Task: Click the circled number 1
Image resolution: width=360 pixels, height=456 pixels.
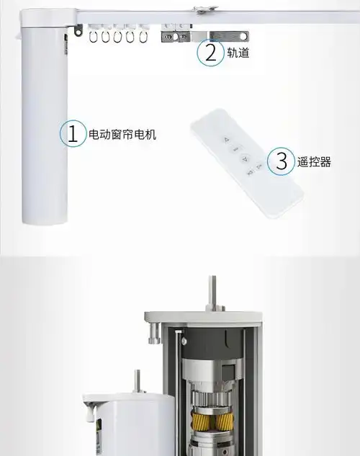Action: coord(73,133)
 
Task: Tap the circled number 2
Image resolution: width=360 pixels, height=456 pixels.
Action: coord(211,53)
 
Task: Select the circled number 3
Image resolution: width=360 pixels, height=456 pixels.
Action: coord(281,161)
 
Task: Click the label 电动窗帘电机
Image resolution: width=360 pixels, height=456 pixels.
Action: coord(122,135)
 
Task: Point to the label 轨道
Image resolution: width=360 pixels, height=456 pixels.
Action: coord(238,53)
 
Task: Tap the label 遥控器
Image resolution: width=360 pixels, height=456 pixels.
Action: coord(314,162)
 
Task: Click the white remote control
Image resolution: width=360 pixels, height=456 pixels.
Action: coord(247,163)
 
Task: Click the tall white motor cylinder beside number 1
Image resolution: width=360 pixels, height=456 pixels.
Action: coord(45,122)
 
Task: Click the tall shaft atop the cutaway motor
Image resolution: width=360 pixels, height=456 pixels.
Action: coord(212,292)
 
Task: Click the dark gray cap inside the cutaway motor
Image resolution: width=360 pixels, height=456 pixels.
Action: coord(213,343)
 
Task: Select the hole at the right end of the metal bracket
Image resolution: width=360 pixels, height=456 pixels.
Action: coord(243,37)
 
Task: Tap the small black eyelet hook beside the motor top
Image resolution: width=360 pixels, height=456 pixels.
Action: coord(78,30)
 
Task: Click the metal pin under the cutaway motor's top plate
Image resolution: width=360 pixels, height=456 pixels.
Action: coord(155,332)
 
